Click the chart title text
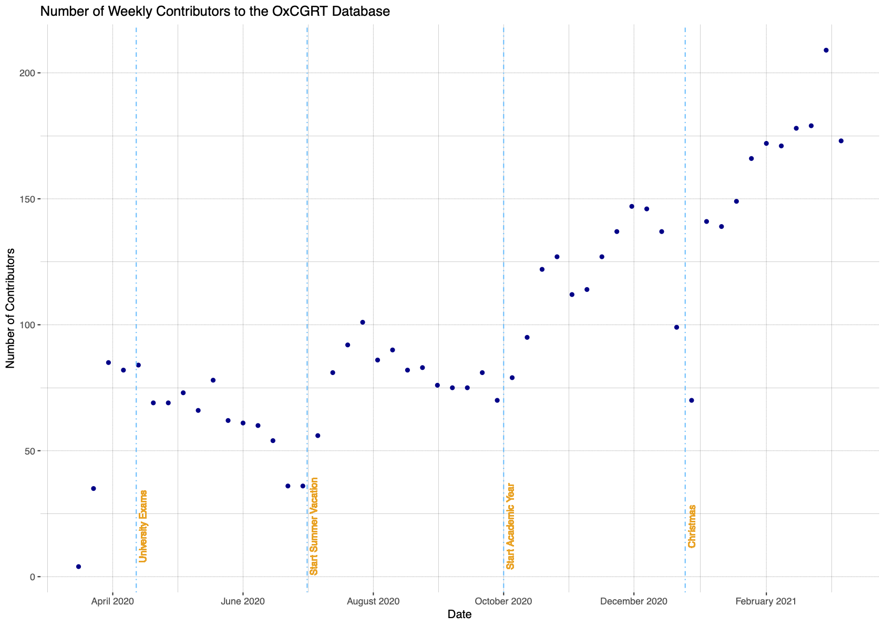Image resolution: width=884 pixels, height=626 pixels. click(x=215, y=12)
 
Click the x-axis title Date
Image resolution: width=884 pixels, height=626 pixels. click(x=459, y=614)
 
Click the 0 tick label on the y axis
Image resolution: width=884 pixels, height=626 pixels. click(x=32, y=577)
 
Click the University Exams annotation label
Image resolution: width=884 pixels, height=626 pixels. click(x=143, y=526)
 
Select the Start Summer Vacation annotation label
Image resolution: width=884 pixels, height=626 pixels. click(x=314, y=526)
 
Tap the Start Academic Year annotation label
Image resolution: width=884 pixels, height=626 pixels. click(x=510, y=526)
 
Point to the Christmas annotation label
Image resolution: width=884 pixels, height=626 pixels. click(x=692, y=526)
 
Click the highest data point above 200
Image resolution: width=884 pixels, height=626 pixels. click(x=826, y=51)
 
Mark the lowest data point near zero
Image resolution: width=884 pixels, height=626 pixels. click(x=78, y=567)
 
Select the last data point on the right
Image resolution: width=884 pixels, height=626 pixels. click(x=841, y=141)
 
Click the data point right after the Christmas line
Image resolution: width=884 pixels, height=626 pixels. click(x=692, y=400)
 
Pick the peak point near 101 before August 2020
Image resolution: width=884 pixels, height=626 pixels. click(x=363, y=322)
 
